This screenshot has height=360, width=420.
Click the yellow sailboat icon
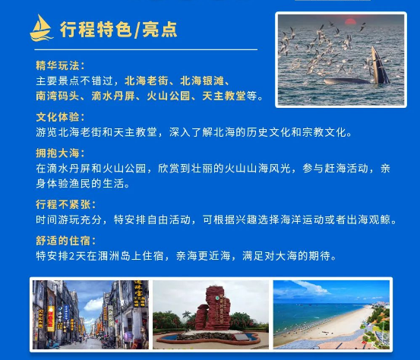click(41, 28)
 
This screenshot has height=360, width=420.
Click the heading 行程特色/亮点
click(118, 29)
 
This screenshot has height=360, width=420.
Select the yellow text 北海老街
click(147, 81)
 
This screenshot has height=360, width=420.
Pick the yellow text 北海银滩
click(202, 81)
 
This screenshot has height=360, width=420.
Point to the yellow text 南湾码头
click(58, 96)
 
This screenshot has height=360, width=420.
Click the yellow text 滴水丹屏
click(113, 96)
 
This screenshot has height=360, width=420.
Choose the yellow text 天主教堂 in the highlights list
click(224, 96)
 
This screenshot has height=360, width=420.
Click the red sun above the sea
click(350, 22)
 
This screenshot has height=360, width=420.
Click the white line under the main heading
click(146, 49)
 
